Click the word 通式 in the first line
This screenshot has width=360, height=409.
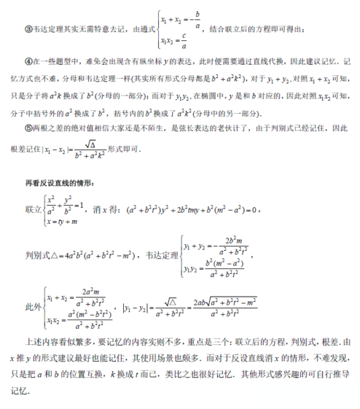[143, 30]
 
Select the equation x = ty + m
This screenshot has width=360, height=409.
[63, 221]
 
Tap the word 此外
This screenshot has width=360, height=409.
[31, 306]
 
